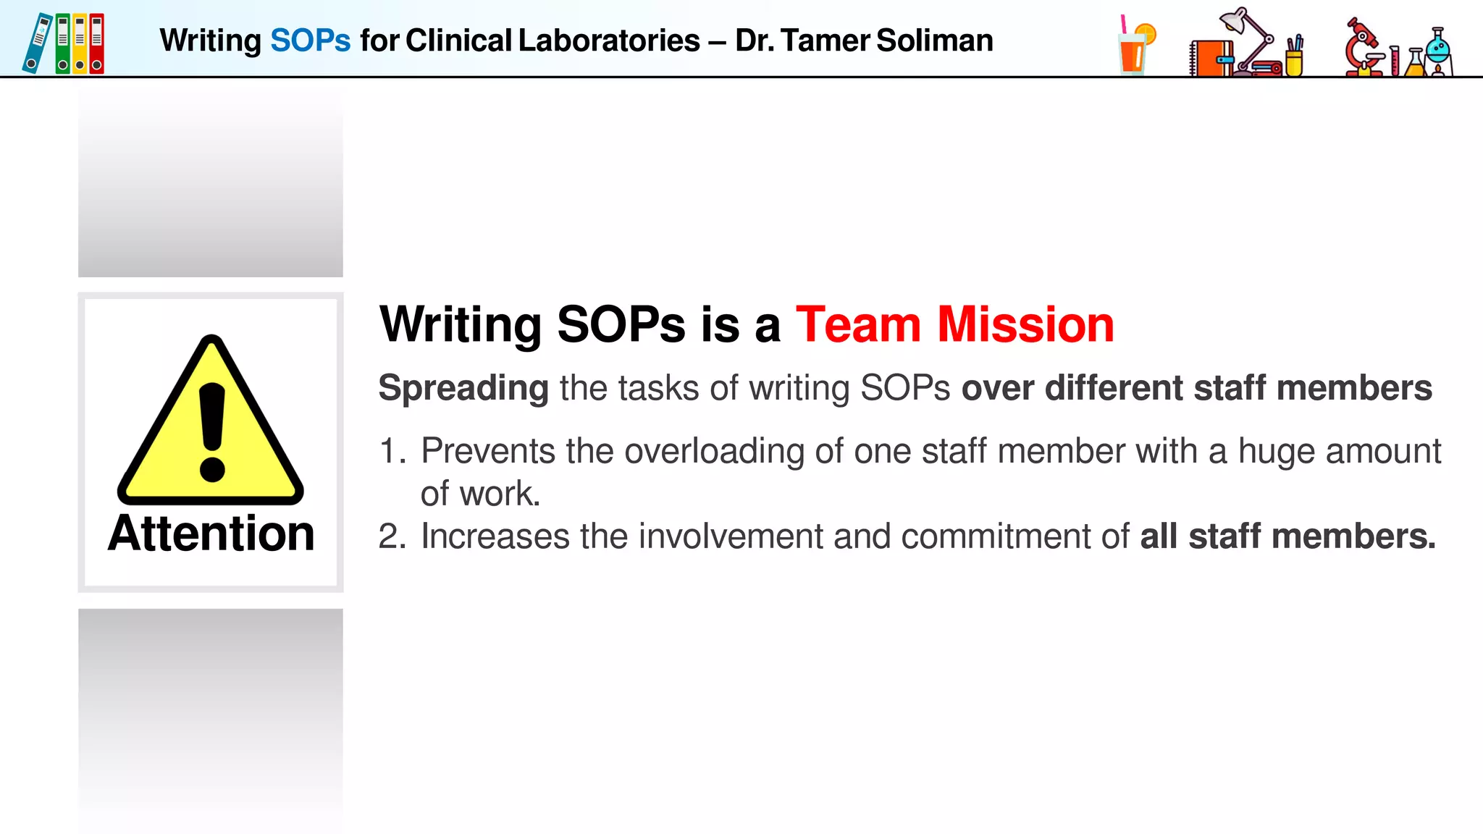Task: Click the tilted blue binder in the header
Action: (x=37, y=43)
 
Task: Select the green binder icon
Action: (x=63, y=43)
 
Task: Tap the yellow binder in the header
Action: (x=80, y=43)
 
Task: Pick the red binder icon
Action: (x=96, y=43)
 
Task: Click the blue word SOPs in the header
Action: (x=310, y=41)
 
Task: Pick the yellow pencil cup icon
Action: (x=1294, y=61)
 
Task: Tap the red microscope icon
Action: (x=1363, y=47)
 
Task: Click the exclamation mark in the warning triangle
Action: (x=211, y=431)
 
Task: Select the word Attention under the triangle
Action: (x=211, y=534)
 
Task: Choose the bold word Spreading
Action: (x=463, y=388)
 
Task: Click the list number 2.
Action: (x=391, y=536)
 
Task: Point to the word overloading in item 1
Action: (x=714, y=451)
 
